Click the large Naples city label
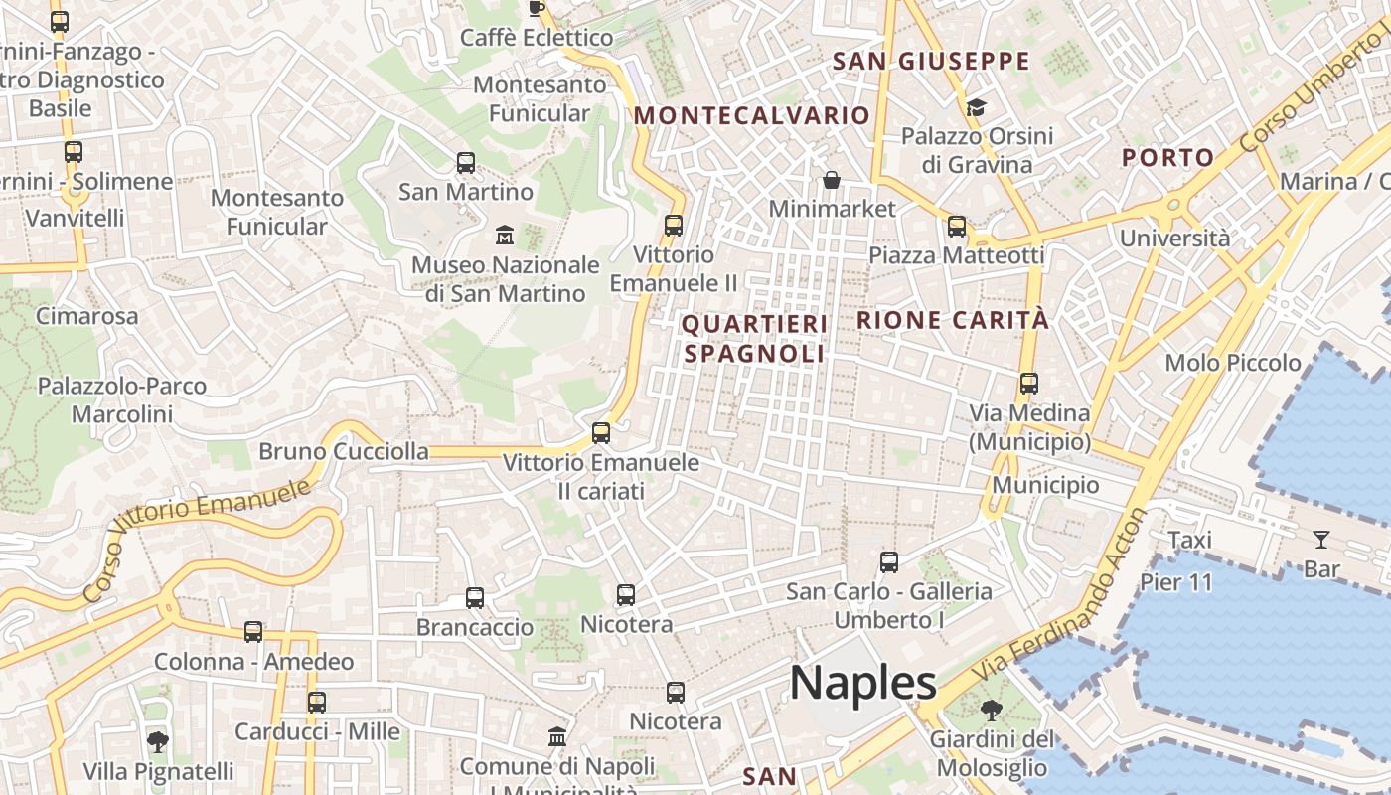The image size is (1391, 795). point(862,684)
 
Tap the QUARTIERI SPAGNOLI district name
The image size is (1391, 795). point(754,338)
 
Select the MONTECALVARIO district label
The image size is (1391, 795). point(752,115)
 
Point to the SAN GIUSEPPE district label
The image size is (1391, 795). point(931,61)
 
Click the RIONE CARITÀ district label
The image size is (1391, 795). point(952,320)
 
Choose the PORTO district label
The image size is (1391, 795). point(1167,157)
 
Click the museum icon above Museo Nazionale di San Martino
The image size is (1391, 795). point(505,236)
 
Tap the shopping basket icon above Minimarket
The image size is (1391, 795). point(832,180)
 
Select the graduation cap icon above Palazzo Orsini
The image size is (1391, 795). point(976,106)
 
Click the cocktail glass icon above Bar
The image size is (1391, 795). point(1321,540)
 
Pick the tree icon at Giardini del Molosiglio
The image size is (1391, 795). point(991,711)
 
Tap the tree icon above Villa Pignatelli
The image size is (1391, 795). point(157,741)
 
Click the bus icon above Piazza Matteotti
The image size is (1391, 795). point(957,227)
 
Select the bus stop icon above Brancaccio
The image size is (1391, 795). point(475,598)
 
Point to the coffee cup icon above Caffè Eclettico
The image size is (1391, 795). point(537,9)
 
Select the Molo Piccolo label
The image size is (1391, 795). point(1232,363)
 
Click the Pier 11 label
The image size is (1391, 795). point(1176,582)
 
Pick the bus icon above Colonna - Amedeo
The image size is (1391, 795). point(253,632)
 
